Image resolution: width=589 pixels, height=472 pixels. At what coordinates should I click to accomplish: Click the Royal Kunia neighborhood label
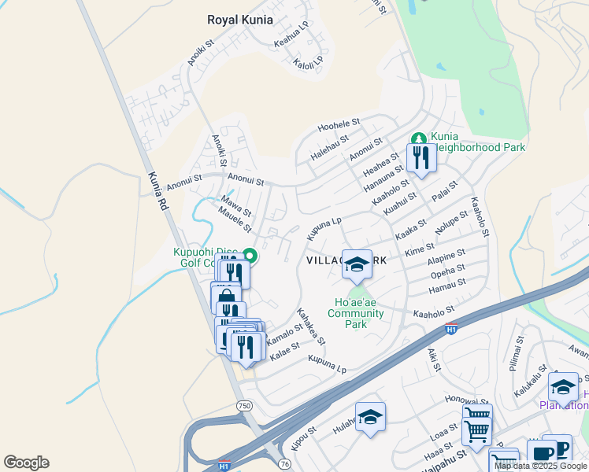239,20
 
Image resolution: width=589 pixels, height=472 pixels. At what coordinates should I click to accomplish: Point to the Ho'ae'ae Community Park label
355,313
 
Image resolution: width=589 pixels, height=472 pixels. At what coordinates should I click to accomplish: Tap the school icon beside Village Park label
357,265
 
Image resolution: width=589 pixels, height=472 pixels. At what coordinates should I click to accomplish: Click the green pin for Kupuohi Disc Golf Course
250,254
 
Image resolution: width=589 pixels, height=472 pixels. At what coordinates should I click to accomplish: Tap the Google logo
26,463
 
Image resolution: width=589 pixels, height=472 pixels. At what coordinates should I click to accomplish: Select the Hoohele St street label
339,125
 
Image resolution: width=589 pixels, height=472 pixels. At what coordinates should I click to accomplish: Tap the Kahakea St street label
310,326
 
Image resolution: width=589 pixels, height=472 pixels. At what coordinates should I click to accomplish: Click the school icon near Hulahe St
370,418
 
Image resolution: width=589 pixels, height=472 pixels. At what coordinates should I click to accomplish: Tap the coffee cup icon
541,454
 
